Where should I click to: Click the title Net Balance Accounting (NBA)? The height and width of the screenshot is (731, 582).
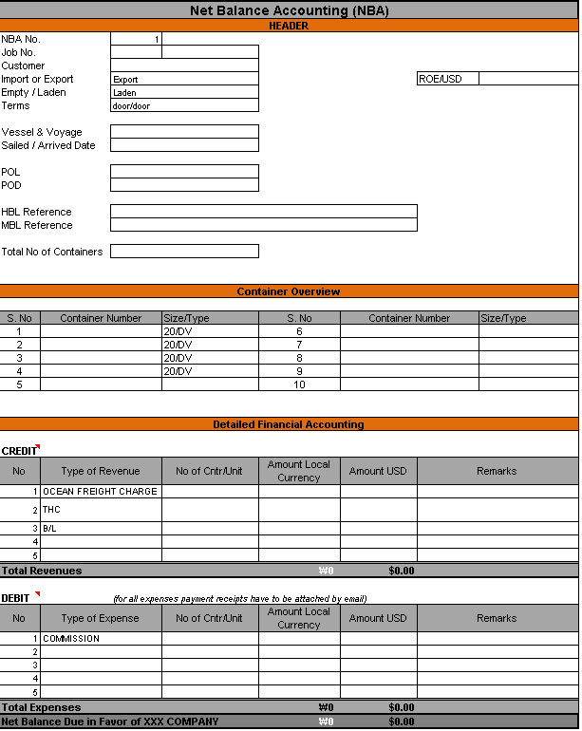(289, 10)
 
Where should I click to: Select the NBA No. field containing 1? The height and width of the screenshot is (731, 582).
(136, 40)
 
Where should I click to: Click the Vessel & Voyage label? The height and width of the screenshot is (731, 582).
(42, 132)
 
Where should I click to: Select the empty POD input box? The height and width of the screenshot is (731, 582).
(184, 185)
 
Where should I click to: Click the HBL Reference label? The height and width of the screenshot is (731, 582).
(37, 212)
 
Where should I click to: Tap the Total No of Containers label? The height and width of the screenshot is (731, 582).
(52, 252)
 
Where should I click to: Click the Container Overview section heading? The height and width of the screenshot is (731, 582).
(289, 291)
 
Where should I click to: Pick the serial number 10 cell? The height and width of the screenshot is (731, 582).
(299, 384)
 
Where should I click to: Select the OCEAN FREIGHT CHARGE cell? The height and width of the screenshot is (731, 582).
(100, 492)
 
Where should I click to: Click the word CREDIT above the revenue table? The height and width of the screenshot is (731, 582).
(19, 451)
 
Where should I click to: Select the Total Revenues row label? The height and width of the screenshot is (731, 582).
(42, 571)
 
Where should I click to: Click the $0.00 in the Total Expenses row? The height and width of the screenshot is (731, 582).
(402, 707)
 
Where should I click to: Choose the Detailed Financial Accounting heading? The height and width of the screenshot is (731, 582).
(289, 424)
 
